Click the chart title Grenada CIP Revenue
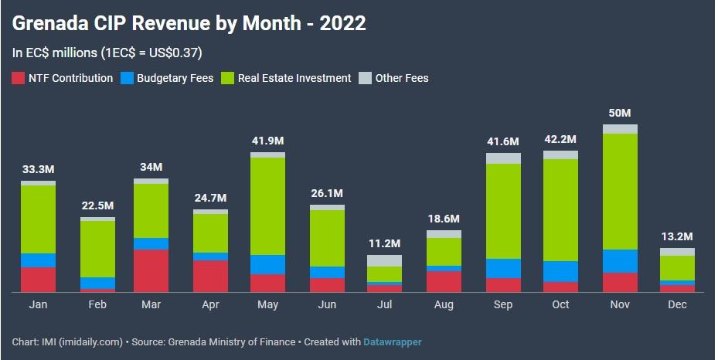click(189, 23)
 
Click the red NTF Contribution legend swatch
click(19, 78)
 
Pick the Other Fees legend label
click(401, 78)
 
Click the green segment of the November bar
click(620, 192)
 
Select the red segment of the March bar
click(151, 270)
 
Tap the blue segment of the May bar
click(267, 264)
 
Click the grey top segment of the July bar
click(384, 260)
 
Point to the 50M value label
click(620, 114)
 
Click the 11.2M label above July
click(384, 244)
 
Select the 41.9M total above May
click(267, 141)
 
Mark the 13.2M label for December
click(677, 236)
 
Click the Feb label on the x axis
click(97, 305)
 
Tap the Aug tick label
click(444, 305)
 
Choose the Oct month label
click(560, 305)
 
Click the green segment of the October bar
click(560, 209)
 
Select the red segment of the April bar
click(210, 276)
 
